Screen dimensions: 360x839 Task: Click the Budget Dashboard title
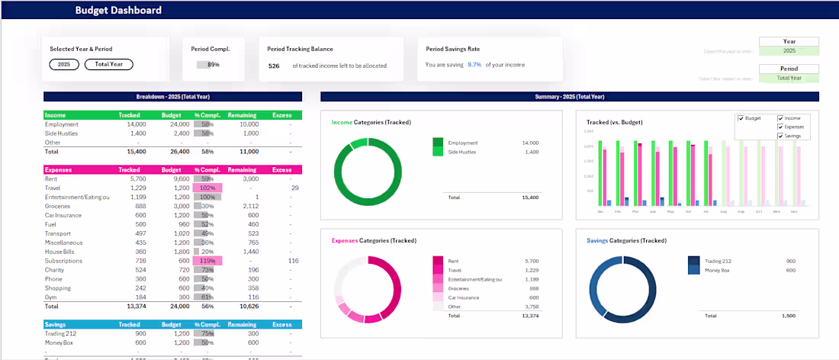click(118, 11)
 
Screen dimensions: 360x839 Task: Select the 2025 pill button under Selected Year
click(64, 65)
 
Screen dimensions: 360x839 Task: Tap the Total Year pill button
click(108, 65)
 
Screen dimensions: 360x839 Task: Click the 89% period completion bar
click(208, 65)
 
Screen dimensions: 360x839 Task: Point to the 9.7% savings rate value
click(474, 65)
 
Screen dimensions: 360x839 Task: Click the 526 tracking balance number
click(274, 66)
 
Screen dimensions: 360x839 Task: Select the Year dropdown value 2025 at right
click(789, 51)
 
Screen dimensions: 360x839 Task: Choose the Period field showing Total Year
click(789, 78)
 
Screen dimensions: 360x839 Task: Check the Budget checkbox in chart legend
click(741, 118)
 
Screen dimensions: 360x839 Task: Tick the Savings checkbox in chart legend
click(780, 135)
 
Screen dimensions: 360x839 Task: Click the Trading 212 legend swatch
click(693, 260)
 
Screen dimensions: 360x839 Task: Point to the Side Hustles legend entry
click(464, 153)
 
